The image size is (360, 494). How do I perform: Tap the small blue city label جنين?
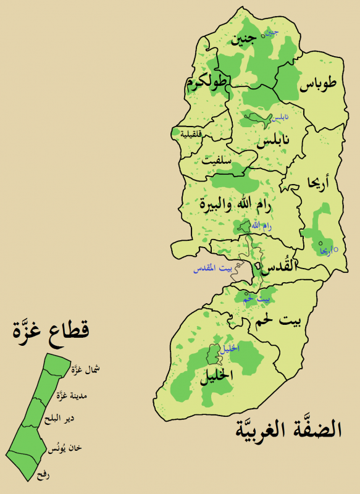click(272, 31)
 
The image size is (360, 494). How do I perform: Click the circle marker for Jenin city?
click(264, 36)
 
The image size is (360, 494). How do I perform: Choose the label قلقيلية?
click(191, 133)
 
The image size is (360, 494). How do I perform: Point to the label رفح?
click(43, 476)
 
